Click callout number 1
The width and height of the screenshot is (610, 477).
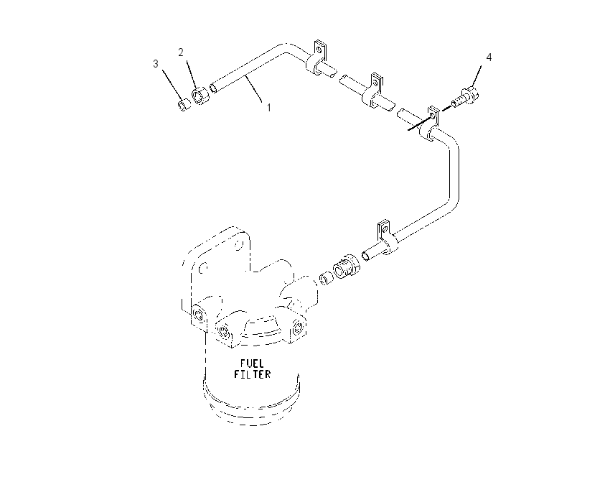tap(268, 107)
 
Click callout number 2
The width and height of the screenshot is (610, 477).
tap(181, 52)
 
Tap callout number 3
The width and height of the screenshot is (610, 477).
tap(156, 63)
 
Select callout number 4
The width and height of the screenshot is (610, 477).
tap(489, 57)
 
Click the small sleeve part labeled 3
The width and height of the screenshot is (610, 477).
tap(184, 105)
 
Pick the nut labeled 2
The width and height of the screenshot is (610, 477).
tap(201, 96)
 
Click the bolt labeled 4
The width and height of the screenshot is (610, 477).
tap(465, 97)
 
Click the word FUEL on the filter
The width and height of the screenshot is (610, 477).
tap(252, 363)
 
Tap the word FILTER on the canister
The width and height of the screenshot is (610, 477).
tap(252, 374)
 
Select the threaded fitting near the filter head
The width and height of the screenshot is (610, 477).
tap(346, 266)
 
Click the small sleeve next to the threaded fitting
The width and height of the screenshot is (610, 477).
tap(326, 279)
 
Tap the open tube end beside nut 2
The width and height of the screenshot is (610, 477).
tap(213, 88)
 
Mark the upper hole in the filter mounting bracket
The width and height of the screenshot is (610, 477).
tap(238, 244)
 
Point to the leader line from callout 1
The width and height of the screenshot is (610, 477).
tap(255, 89)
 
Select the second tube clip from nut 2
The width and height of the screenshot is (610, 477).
tap(373, 91)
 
